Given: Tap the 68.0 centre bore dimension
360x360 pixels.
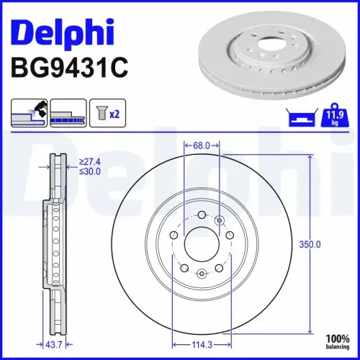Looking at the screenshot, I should point(202,145).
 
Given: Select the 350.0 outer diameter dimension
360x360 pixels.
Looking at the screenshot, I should point(310,245).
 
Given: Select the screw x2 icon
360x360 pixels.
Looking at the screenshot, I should point(106,113).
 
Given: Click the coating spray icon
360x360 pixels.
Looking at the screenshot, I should point(29,113).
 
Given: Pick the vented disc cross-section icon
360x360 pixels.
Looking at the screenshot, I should point(68,113).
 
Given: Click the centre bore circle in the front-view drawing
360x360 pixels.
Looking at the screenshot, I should point(202,245).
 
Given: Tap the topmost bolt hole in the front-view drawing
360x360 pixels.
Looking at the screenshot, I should point(202,214).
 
